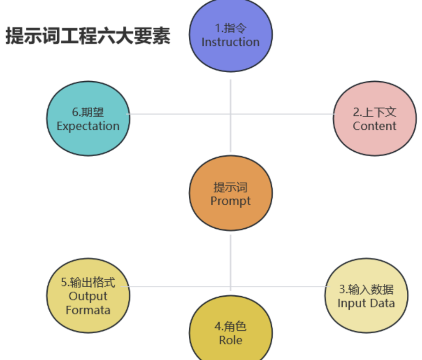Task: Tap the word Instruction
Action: click(x=231, y=42)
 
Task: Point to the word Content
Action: click(x=374, y=126)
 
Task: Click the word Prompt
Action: click(x=231, y=201)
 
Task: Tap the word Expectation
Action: click(x=88, y=126)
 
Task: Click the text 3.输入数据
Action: click(x=366, y=290)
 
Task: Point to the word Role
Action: click(x=231, y=340)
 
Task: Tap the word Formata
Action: click(x=88, y=310)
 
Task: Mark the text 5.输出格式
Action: click(x=88, y=282)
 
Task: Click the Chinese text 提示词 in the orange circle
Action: click(x=231, y=187)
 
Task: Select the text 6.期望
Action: click(x=88, y=113)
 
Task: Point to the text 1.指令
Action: click(x=231, y=28)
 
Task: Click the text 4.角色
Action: click(x=231, y=326)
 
